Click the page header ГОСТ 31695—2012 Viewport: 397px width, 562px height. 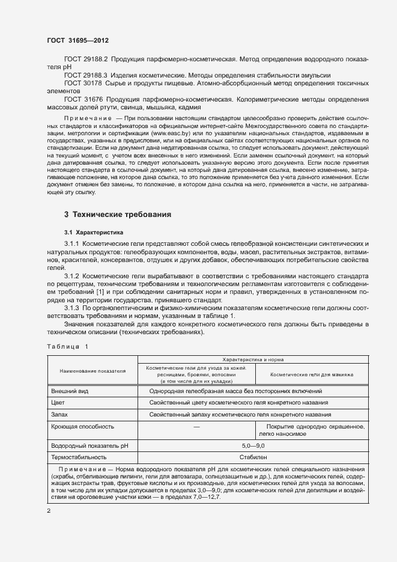coord(77,40)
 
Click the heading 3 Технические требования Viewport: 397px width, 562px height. coord(118,214)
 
